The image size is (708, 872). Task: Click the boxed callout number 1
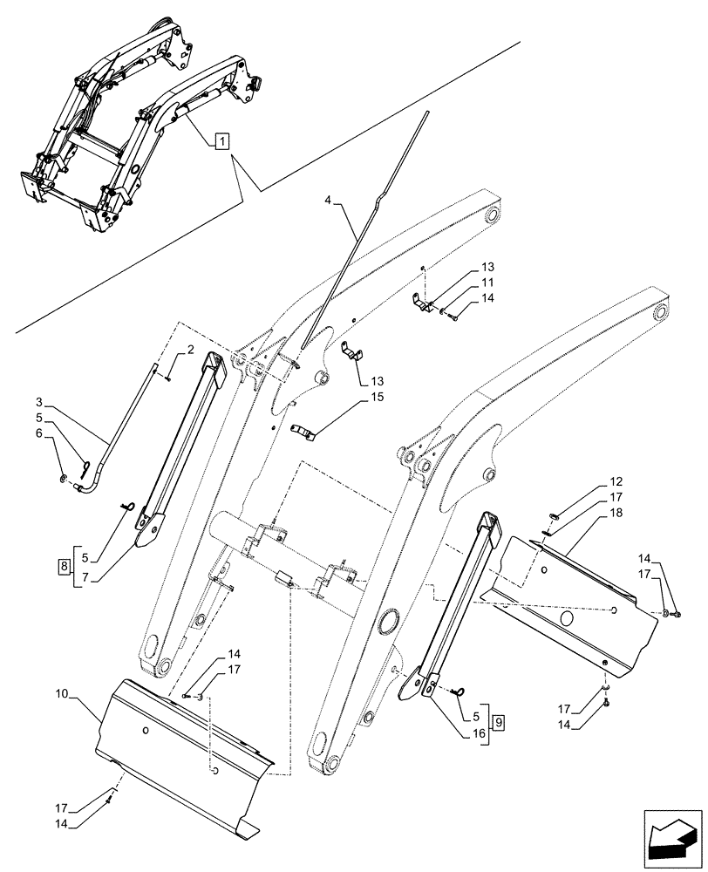(x=221, y=140)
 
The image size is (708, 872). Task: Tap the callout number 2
(x=189, y=351)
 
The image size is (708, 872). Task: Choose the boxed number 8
(x=65, y=567)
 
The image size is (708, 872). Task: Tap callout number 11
(x=487, y=283)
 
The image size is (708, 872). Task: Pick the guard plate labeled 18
(x=575, y=602)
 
